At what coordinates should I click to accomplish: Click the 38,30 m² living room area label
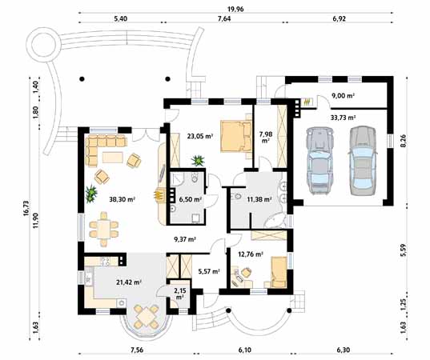pyautogui.click(x=122, y=199)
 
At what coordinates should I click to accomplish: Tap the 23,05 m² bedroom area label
pyautogui.click(x=200, y=136)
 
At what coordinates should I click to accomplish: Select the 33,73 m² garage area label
pyautogui.click(x=343, y=118)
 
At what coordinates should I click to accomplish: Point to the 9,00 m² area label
pyautogui.click(x=343, y=96)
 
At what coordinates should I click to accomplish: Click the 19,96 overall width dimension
pyautogui.click(x=235, y=10)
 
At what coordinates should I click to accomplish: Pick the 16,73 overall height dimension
pyautogui.click(x=26, y=208)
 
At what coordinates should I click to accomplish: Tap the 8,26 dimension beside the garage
pyautogui.click(x=403, y=141)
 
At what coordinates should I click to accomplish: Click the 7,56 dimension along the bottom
pyautogui.click(x=137, y=350)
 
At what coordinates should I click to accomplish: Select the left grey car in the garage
pyautogui.click(x=319, y=161)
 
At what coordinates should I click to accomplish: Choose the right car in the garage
pyautogui.click(x=362, y=161)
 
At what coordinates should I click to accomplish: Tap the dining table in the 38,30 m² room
pyautogui.click(x=103, y=229)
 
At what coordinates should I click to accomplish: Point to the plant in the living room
pyautogui.click(x=90, y=194)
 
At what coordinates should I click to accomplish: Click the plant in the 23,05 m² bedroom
pyautogui.click(x=198, y=161)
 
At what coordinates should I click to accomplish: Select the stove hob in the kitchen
pyautogui.click(x=106, y=261)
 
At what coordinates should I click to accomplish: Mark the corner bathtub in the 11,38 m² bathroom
pyautogui.click(x=275, y=220)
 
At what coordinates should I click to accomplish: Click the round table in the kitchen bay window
pyautogui.click(x=147, y=317)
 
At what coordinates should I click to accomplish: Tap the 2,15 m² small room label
pyautogui.click(x=179, y=293)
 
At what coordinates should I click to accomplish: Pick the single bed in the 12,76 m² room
pyautogui.click(x=279, y=272)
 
